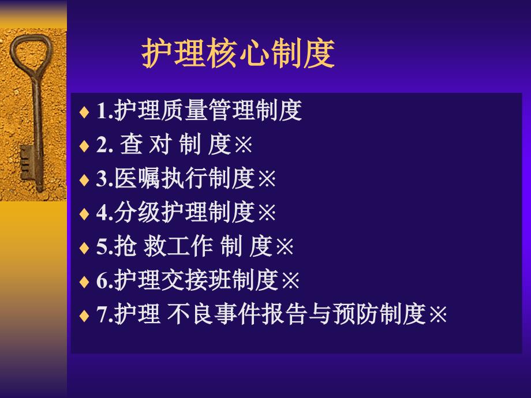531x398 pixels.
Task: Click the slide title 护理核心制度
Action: [x=238, y=53]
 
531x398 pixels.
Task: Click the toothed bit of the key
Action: [x=28, y=163]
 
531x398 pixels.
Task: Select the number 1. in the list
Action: [x=104, y=111]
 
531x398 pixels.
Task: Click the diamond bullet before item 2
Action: [x=84, y=146]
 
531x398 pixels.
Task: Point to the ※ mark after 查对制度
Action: [x=244, y=145]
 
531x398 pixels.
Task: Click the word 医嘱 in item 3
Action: [x=137, y=178]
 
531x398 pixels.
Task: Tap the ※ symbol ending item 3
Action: [x=267, y=179]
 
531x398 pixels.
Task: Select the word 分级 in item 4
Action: [x=137, y=212]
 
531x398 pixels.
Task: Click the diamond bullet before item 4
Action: [x=84, y=214]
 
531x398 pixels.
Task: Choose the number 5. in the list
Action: [x=104, y=247]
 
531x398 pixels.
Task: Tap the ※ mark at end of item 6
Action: [x=290, y=280]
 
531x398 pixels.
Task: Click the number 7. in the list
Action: [x=104, y=314]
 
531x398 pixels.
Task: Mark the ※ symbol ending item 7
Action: [x=438, y=314]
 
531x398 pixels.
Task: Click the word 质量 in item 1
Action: [x=184, y=110]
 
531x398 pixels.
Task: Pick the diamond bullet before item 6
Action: [x=84, y=281]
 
